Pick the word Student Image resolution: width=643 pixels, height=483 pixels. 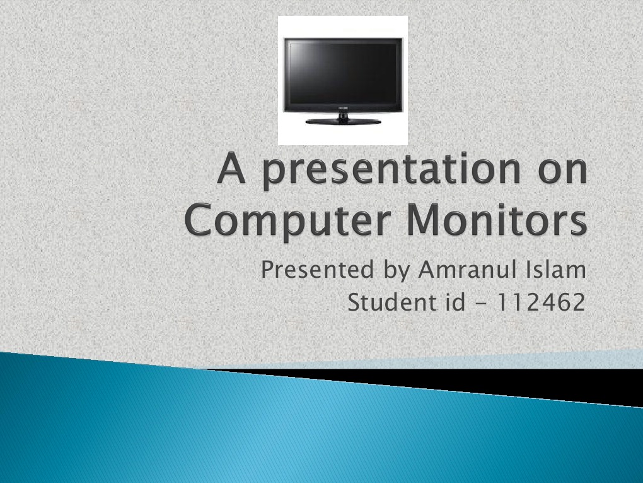click(x=388, y=302)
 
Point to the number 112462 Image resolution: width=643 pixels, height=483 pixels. click(x=541, y=302)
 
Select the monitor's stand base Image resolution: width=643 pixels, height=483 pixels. click(x=343, y=121)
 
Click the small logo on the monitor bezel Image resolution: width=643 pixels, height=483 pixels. click(x=343, y=109)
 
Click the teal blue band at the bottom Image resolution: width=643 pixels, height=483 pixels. click(x=252, y=429)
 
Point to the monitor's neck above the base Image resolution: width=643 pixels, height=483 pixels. click(x=343, y=115)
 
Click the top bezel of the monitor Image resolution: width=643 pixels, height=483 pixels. click(x=343, y=40)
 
